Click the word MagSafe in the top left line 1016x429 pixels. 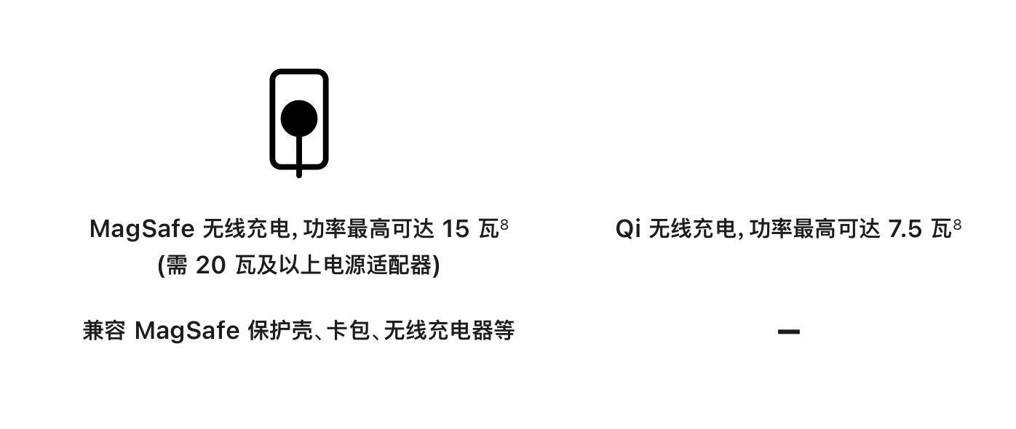(141, 229)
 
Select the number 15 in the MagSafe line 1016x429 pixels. (456, 229)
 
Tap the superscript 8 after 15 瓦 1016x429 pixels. (504, 225)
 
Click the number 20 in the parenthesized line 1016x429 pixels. (210, 266)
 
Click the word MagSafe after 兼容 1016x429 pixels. (187, 331)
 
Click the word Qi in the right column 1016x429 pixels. (627, 229)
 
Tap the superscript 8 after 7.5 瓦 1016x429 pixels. (956, 225)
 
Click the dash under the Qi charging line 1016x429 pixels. (789, 332)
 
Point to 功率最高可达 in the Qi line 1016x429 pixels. (814, 229)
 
